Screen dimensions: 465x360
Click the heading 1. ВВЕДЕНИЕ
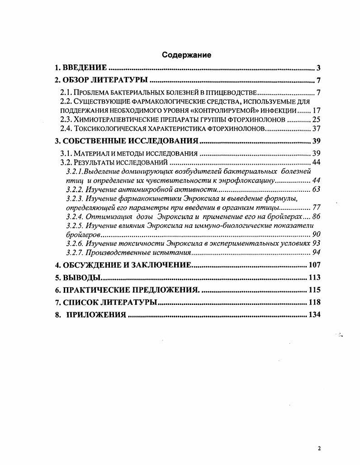coord(81,68)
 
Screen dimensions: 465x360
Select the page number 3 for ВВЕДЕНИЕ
coord(318,68)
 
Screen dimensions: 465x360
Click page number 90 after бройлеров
coord(316,235)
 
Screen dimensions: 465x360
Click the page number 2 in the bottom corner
coord(319,449)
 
